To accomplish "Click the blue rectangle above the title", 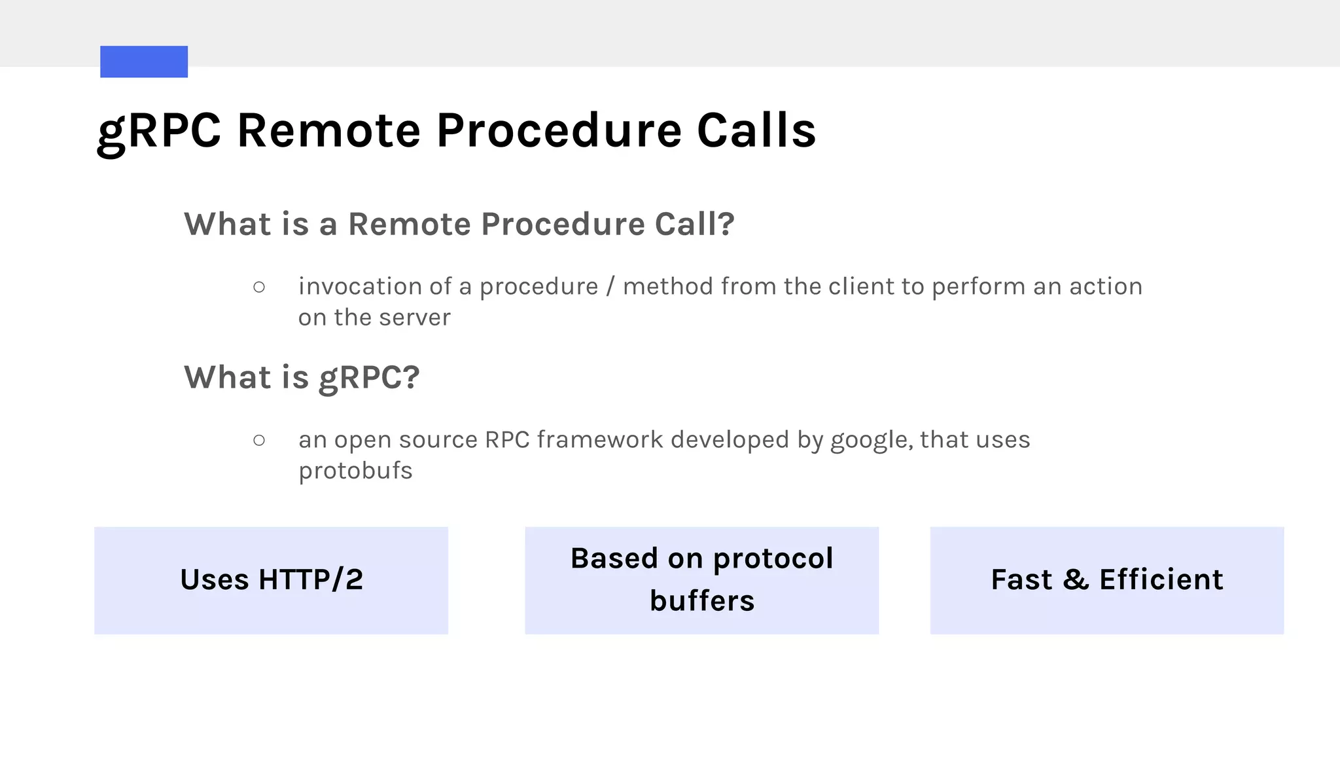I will coord(144,62).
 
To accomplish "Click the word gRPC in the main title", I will coord(159,130).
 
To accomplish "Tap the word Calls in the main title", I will coord(756,130).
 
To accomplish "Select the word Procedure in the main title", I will coord(559,130).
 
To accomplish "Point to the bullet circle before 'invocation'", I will coord(259,287).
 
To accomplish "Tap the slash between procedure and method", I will coord(610,287).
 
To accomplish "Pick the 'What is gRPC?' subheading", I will coord(302,378).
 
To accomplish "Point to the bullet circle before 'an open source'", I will coord(259,440).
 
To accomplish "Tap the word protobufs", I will coord(355,471).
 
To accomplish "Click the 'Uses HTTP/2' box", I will coord(271,580).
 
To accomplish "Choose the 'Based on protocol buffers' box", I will coord(701,580).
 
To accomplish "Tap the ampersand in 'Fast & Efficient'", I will coord(1076,580).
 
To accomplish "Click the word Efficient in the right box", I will coord(1161,580).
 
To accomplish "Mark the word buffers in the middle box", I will coord(702,601).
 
